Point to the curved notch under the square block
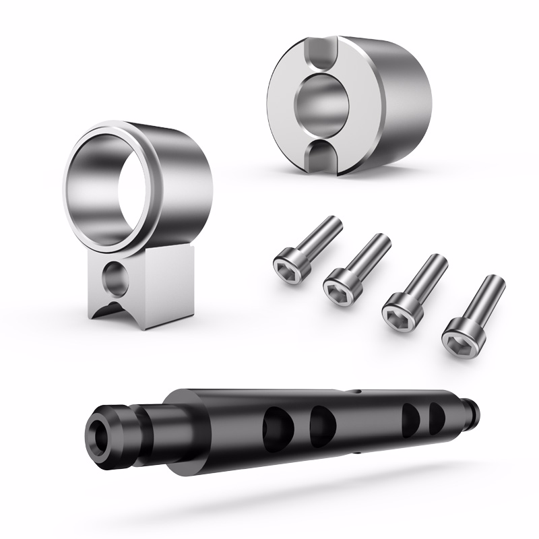coord(111,311)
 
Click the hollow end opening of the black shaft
coord(100,432)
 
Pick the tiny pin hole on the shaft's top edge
coord(356,389)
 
